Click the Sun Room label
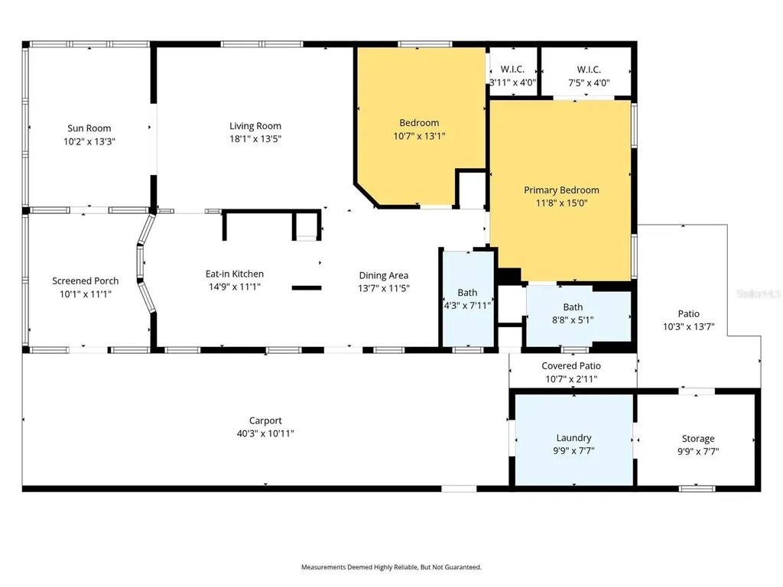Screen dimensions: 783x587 point(89,128)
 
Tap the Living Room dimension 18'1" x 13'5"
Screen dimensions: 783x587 point(255,139)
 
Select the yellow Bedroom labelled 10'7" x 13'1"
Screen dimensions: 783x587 point(420,125)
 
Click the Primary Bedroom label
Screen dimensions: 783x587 point(561,190)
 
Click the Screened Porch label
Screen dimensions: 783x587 point(86,281)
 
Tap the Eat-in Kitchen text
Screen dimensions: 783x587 point(235,274)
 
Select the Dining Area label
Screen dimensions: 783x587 point(384,275)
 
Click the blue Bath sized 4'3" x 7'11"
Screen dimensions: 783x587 point(468,299)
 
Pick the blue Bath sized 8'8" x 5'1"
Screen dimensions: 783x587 point(578,315)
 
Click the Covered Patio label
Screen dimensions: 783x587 point(571,366)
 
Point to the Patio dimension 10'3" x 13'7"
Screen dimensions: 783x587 point(689,327)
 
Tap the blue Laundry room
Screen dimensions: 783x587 point(573,439)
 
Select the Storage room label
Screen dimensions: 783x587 point(698,439)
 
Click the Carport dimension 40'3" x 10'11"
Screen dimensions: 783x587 point(265,434)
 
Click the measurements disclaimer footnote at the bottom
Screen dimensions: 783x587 point(391,567)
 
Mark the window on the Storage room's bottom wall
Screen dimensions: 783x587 point(697,488)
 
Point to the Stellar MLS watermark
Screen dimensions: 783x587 point(759,293)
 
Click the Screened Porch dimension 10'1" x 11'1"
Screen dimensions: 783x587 point(86,294)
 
